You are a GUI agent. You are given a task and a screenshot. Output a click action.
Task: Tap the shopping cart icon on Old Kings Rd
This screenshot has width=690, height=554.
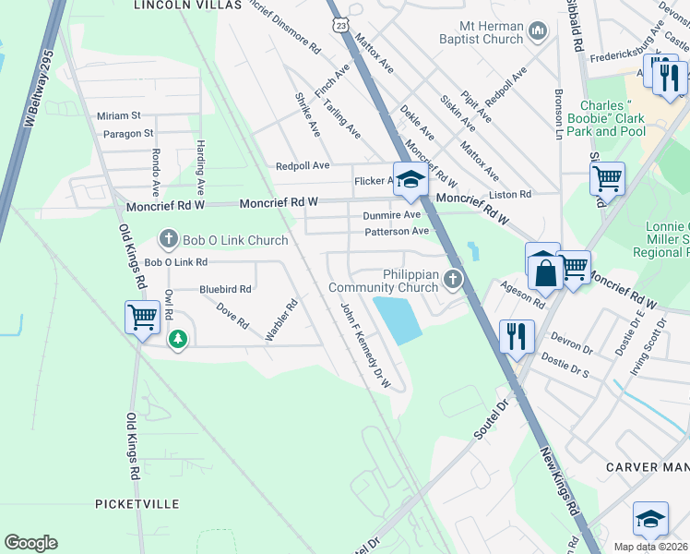click(x=143, y=318)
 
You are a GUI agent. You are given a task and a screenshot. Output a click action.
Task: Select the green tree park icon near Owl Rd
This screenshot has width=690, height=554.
click(x=178, y=340)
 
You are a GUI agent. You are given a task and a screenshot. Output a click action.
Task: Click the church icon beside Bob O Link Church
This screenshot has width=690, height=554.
click(x=168, y=240)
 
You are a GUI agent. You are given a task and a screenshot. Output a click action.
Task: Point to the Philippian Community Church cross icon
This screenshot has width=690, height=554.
click(x=452, y=279)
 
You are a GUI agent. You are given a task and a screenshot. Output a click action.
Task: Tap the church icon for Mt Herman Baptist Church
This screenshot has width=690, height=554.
click(x=538, y=34)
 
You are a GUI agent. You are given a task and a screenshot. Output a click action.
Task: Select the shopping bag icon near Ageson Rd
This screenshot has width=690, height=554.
click(x=543, y=271)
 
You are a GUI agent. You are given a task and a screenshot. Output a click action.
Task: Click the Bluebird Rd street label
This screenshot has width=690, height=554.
click(x=225, y=289)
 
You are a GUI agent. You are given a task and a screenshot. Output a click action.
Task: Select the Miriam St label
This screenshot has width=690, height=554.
click(x=118, y=115)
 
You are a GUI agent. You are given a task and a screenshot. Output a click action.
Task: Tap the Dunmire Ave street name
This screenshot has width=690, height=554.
click(x=392, y=214)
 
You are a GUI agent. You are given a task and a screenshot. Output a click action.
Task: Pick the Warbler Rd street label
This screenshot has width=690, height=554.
click(x=281, y=319)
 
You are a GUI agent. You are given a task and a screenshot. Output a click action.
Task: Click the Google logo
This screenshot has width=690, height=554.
click(x=31, y=542)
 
